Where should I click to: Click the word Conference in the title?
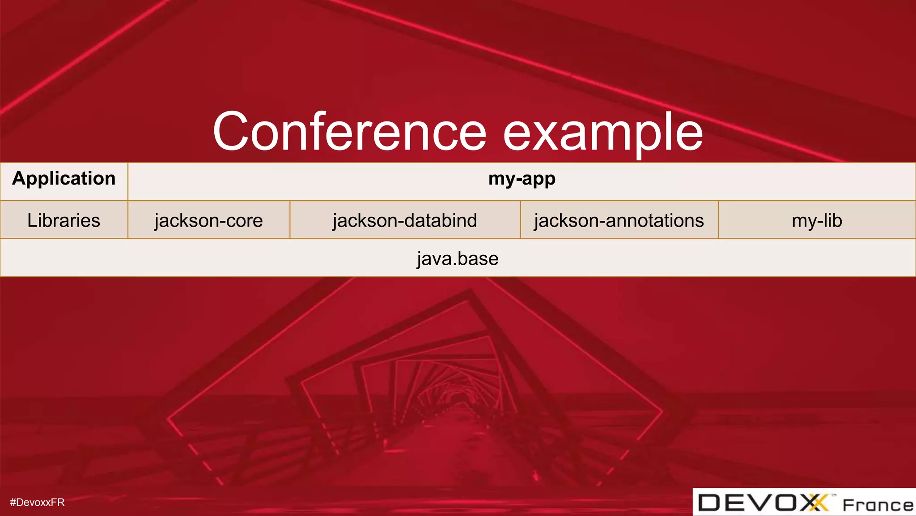click(x=349, y=132)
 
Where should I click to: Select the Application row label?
click(x=64, y=179)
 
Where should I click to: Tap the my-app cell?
click(x=522, y=179)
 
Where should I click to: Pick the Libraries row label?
click(x=64, y=220)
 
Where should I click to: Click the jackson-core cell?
click(x=208, y=220)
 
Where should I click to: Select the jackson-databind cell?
click(x=405, y=220)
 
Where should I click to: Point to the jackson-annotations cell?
click(x=619, y=220)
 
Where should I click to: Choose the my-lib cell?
click(x=817, y=220)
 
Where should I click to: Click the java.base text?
click(x=458, y=258)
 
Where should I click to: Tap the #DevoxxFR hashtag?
click(x=37, y=502)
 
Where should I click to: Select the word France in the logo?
click(x=878, y=505)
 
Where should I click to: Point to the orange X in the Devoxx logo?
click(x=818, y=503)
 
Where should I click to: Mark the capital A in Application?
click(x=19, y=178)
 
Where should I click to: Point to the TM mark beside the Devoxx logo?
click(x=834, y=495)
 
